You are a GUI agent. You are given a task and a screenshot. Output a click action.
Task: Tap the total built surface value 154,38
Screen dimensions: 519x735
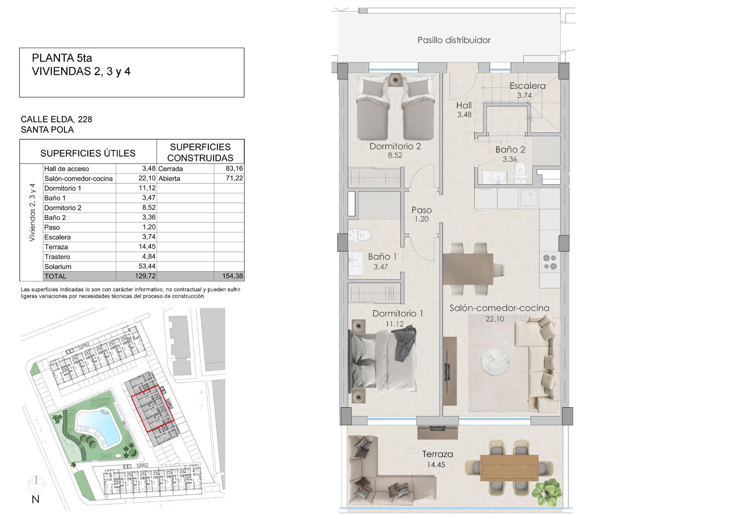[x=233, y=276]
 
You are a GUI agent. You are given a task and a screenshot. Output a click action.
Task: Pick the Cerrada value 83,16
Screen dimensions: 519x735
[x=234, y=168]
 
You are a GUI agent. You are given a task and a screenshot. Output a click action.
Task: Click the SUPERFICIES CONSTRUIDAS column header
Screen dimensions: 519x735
[x=200, y=152]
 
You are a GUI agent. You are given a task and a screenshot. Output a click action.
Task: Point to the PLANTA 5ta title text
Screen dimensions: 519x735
[x=62, y=58]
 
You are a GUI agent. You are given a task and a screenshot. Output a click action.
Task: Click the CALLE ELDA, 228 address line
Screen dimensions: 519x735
[x=56, y=119]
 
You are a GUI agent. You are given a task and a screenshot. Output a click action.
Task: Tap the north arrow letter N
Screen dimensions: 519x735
[x=36, y=499]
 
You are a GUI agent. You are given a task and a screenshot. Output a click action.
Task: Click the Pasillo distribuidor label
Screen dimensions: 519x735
[x=454, y=40]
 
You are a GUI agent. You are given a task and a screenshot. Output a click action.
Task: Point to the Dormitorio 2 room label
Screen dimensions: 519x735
[x=395, y=146]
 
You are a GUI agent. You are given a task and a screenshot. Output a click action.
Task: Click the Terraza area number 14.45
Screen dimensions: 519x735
[x=436, y=465]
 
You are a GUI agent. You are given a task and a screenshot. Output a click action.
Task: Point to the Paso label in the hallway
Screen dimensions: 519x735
[x=421, y=210]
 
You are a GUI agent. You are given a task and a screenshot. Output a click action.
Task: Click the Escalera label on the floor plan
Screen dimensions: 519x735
[x=527, y=86]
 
